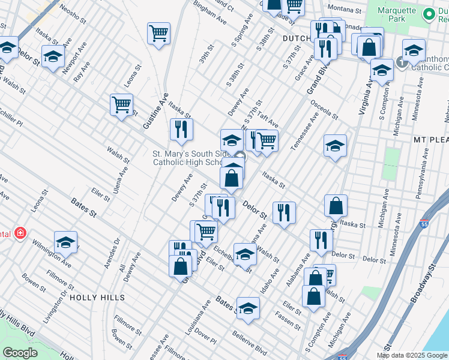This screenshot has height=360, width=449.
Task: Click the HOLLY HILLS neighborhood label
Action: pyautogui.click(x=97, y=298)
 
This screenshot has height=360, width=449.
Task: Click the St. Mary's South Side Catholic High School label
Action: pyautogui.click(x=187, y=158)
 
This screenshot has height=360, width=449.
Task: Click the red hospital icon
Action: pyautogui.click(x=20, y=232)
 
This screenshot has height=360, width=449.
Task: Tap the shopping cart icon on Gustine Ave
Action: pyautogui.click(x=121, y=105)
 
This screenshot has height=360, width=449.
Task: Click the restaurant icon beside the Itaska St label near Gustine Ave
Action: pyautogui.click(x=181, y=128)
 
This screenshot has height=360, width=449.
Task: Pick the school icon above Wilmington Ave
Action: pyautogui.click(x=65, y=242)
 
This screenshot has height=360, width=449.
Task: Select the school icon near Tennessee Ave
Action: pyautogui.click(x=336, y=145)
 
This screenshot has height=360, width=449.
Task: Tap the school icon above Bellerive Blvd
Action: pyautogui.click(x=247, y=308)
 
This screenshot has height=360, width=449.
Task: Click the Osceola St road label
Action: pyautogui.click(x=324, y=112)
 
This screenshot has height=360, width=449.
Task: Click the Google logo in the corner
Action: pyautogui.click(x=20, y=353)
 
